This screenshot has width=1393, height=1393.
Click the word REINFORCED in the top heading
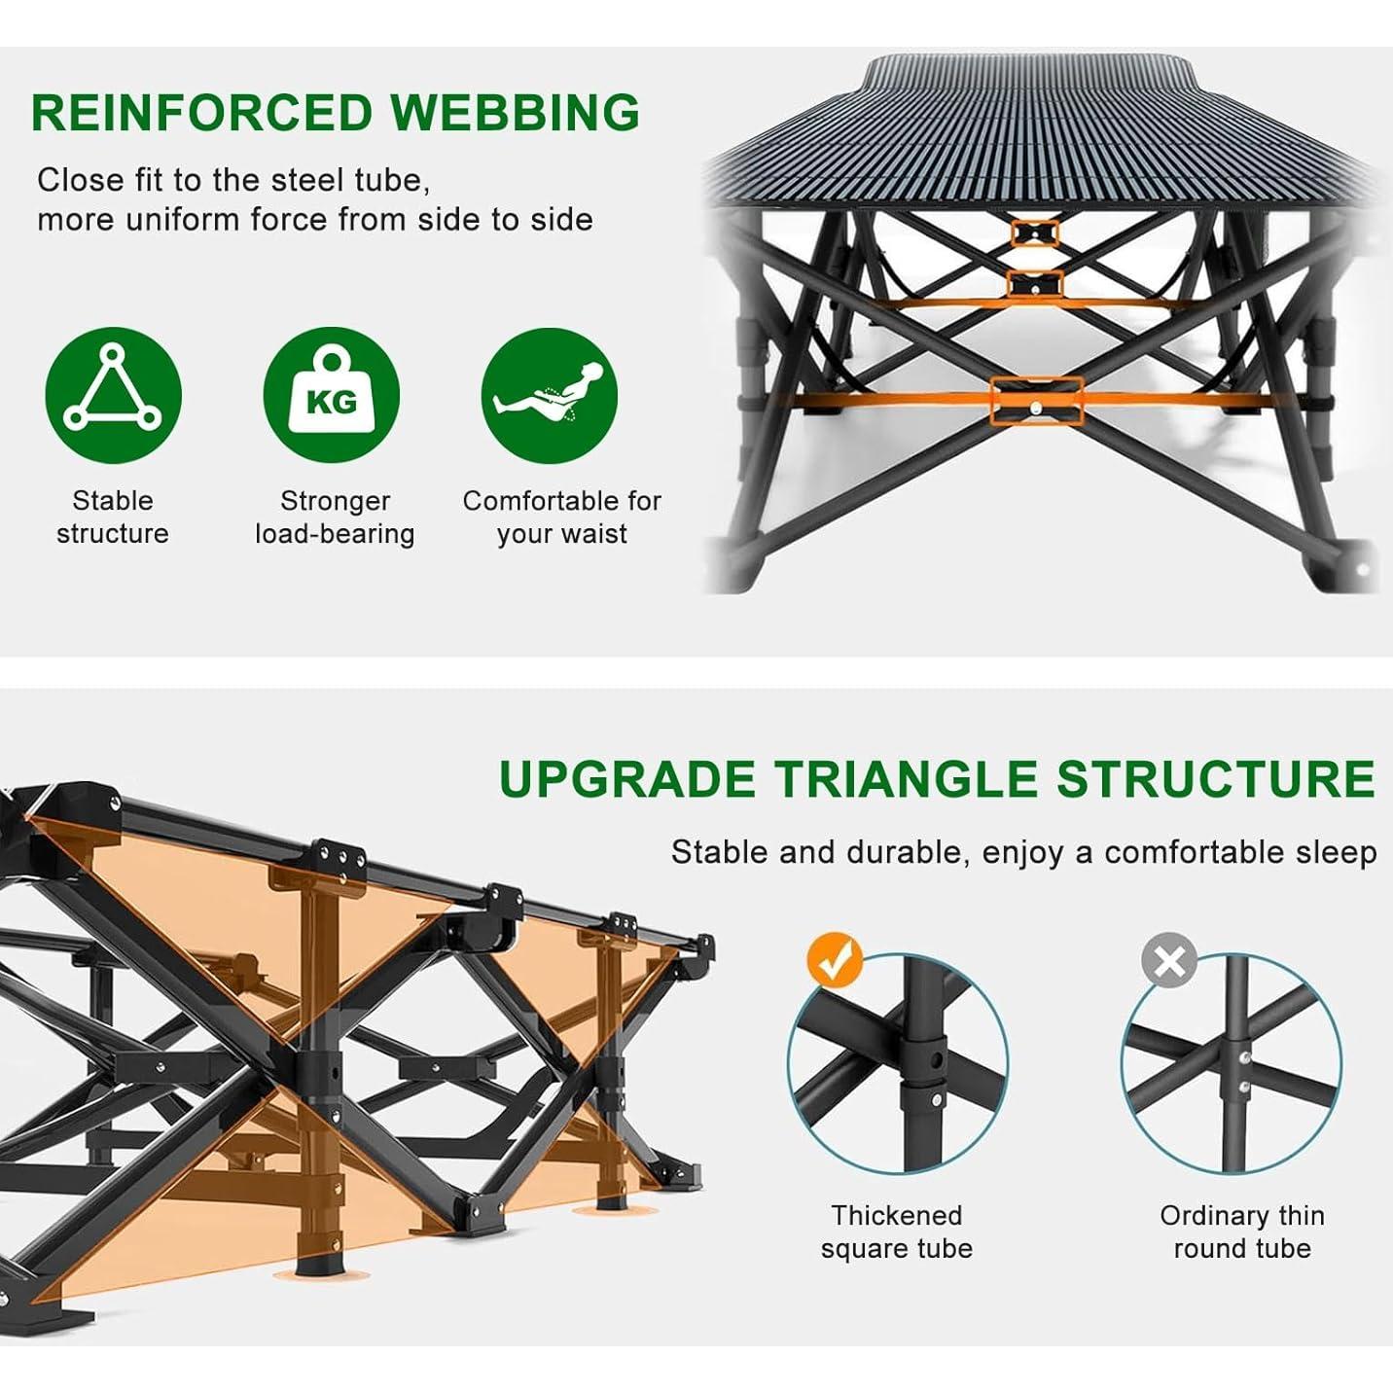tap(202, 113)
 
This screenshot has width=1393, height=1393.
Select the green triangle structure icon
tap(113, 395)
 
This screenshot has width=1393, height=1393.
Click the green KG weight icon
tap(331, 395)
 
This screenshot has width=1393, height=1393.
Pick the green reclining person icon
tap(550, 395)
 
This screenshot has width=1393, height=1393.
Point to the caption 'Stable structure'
tap(113, 517)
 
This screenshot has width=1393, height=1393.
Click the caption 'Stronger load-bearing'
tap(335, 517)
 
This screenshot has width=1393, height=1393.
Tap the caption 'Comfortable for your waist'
tap(561, 517)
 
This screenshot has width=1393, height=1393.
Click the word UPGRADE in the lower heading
tap(626, 778)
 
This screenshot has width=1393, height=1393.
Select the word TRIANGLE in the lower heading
tap(906, 778)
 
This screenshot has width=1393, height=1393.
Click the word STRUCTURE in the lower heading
tap(1216, 778)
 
